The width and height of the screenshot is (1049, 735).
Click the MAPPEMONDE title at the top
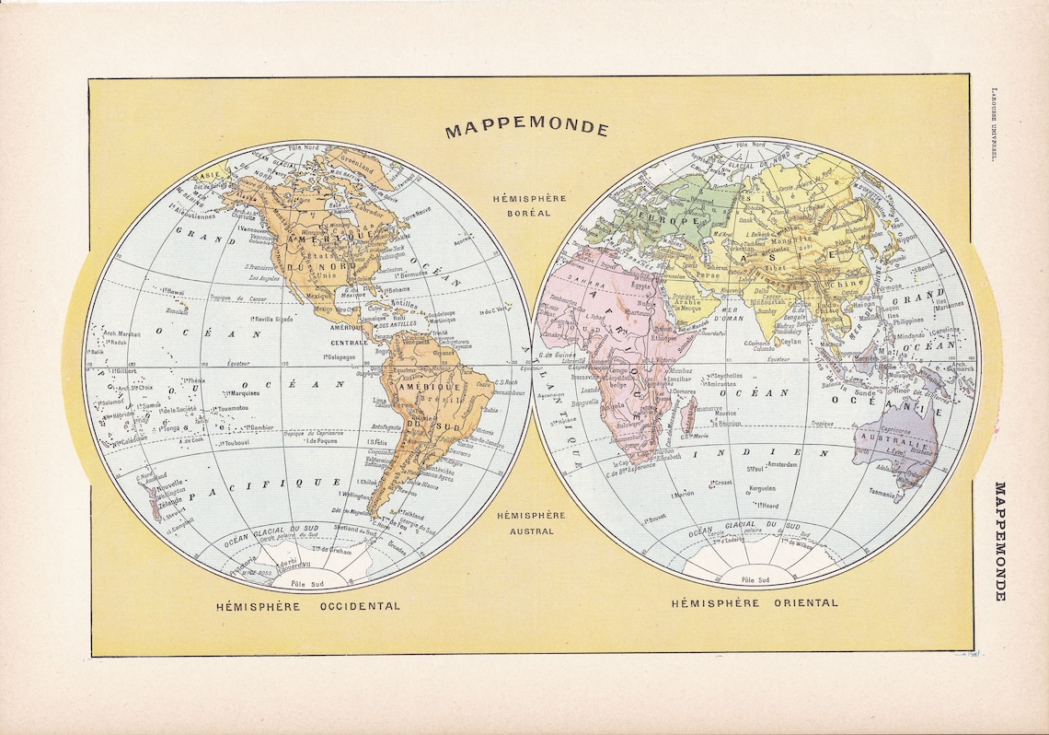pyautogui.click(x=526, y=128)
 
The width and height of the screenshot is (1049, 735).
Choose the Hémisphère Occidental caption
pyautogui.click(x=307, y=606)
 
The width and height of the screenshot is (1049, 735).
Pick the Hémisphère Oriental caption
pyautogui.click(x=755, y=602)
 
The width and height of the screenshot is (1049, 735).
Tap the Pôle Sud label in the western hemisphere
pyautogui.click(x=309, y=584)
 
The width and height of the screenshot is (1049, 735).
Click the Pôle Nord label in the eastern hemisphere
pyautogui.click(x=750, y=145)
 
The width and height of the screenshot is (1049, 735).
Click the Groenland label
pyautogui.click(x=353, y=169)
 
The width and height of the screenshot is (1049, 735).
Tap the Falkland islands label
pyautogui.click(x=413, y=517)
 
